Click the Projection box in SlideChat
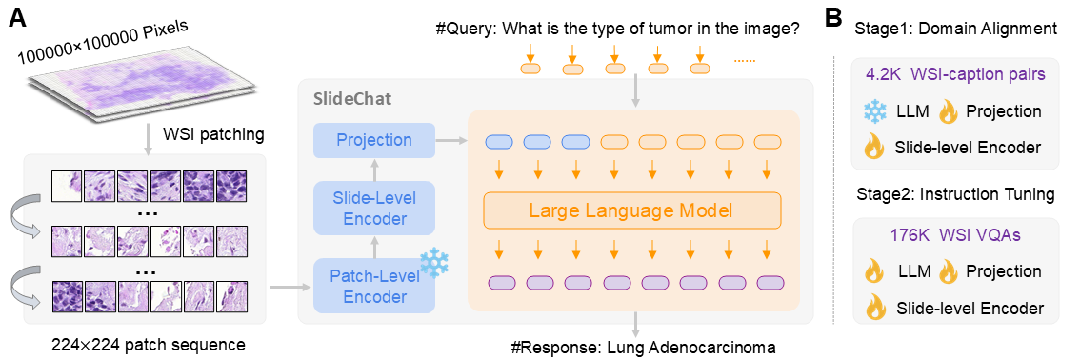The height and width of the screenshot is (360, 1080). click(x=374, y=140)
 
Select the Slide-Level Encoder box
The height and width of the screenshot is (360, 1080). click(x=374, y=208)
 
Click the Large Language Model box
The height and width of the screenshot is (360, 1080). click(x=631, y=210)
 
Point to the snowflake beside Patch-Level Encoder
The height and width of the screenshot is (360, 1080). click(x=434, y=264)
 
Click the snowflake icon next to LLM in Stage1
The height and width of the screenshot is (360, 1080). click(x=875, y=111)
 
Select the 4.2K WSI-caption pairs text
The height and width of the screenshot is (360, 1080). click(x=953, y=72)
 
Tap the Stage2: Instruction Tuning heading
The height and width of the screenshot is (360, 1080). click(x=954, y=194)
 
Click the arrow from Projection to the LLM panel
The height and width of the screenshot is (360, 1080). click(x=450, y=140)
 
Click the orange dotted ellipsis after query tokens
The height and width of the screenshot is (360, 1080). click(x=744, y=62)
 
